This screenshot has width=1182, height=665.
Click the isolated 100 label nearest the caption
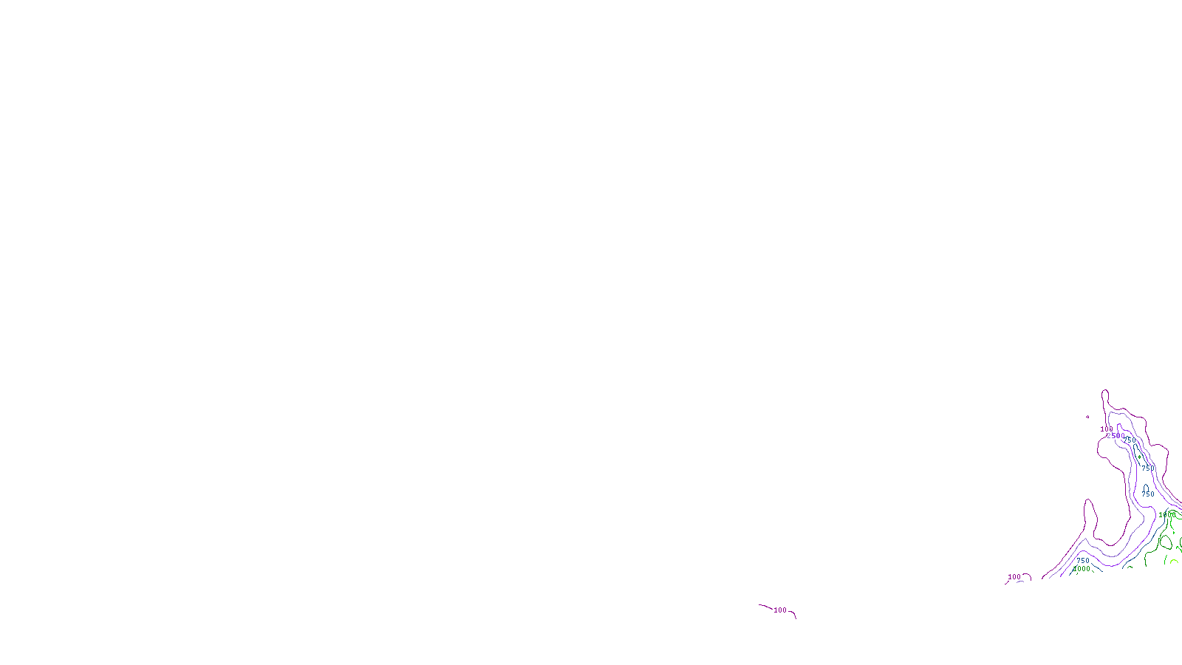tap(780, 610)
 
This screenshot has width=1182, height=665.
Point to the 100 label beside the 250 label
tap(1105, 429)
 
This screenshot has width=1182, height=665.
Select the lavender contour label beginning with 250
tap(1115, 436)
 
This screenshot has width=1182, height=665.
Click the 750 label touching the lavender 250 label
tap(1130, 440)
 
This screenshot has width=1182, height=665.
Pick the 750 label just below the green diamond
tap(1147, 468)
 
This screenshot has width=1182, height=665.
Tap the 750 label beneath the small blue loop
tap(1147, 494)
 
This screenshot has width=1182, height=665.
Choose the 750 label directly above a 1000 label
tap(1083, 561)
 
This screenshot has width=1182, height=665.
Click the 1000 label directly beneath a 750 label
tap(1082, 569)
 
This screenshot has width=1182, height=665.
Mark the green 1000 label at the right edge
tap(1165, 515)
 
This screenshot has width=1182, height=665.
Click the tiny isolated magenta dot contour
tap(1087, 417)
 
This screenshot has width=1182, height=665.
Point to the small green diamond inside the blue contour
tap(1139, 457)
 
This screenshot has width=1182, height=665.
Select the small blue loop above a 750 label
tap(1147, 488)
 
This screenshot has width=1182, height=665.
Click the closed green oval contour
tap(1165, 542)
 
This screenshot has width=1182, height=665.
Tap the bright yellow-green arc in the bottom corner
tap(1173, 562)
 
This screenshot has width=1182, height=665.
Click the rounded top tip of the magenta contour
tap(1105, 392)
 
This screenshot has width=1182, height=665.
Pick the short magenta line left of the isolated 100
tap(765, 607)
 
